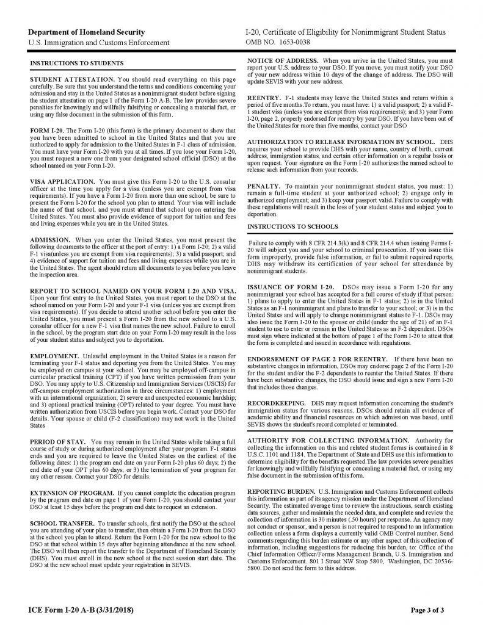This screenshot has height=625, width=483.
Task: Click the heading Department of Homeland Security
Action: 87,32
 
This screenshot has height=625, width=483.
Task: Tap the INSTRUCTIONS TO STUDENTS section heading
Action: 76,63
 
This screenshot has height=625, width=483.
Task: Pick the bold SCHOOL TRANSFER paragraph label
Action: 60,524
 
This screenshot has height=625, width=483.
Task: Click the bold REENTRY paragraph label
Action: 264,98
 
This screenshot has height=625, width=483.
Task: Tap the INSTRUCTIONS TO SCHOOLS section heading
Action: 285,227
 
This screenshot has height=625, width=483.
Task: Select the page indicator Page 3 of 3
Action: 431,609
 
